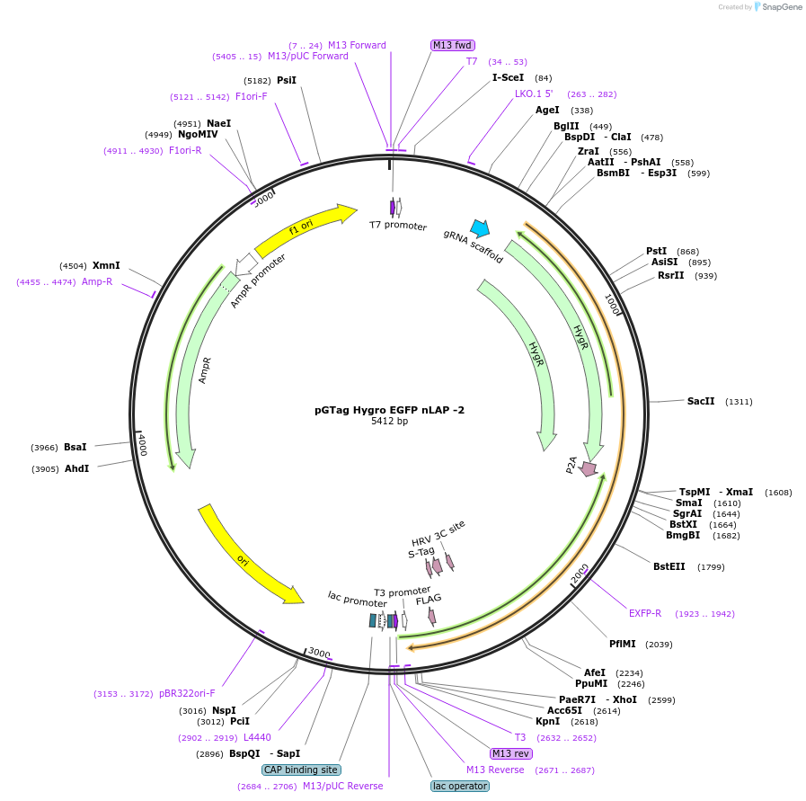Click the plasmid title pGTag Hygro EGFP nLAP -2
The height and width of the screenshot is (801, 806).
pos(389,410)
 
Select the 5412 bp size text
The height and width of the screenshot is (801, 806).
pos(389,421)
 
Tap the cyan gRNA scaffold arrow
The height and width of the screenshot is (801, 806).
pos(480,228)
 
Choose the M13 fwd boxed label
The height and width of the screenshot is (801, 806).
pos(453,45)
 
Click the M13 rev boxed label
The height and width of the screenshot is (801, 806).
pos(510,753)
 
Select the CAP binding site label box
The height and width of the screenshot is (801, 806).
pos(300,770)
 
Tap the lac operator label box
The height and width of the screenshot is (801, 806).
pos(460,786)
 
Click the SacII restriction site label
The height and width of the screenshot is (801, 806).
pos(701,402)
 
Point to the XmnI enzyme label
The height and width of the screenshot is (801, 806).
pos(106,266)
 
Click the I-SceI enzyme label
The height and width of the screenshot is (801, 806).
pos(508,78)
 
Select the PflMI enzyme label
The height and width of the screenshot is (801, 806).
pos(622,644)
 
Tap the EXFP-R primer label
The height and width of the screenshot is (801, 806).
pos(644,614)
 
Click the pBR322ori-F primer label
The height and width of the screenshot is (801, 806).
pos(187,693)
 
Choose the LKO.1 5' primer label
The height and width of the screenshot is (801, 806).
pos(534,93)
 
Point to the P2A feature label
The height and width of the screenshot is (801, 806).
pos(571,464)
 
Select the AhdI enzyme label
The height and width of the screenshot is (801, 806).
pos(76,469)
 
